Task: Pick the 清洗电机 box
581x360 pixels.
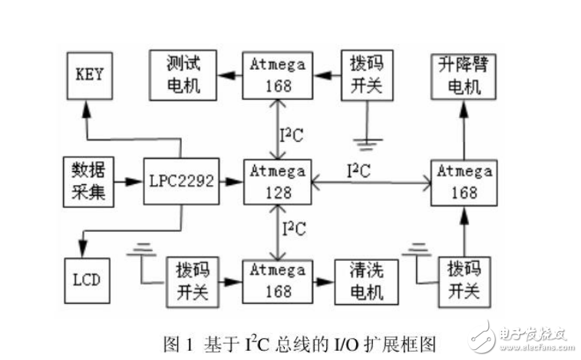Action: (x=367, y=280)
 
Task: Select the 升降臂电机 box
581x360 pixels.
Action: (x=462, y=74)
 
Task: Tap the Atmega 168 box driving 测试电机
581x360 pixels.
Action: (x=277, y=74)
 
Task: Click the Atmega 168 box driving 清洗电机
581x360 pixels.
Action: (x=277, y=280)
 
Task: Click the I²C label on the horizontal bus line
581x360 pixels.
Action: (x=358, y=170)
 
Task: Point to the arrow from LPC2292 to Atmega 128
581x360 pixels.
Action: (x=230, y=182)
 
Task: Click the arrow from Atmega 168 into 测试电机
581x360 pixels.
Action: (x=228, y=75)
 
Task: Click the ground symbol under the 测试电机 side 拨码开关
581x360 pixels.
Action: (x=367, y=141)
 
